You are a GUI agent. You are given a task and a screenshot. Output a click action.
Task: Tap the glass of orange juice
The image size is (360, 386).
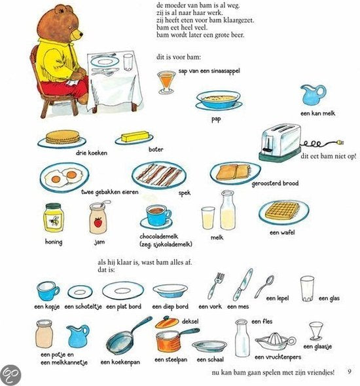pyautogui.click(x=166, y=81)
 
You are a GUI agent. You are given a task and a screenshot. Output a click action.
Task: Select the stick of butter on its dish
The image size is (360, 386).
pyautogui.click(x=135, y=138)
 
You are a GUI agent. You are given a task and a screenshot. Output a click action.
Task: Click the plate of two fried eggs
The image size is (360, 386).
pyautogui.click(x=63, y=176)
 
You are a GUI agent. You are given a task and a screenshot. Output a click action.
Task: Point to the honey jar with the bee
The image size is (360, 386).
pyautogui.click(x=53, y=218)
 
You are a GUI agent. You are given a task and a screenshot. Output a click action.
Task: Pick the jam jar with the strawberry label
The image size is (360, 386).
pyautogui.click(x=98, y=218)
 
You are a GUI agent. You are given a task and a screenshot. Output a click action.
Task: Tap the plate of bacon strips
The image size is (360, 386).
pyautogui.click(x=158, y=175)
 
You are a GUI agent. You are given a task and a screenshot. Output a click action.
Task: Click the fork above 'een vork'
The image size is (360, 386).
pyautogui.click(x=215, y=285)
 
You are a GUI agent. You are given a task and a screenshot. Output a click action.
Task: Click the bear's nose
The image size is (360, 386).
pyautogui.click(x=81, y=32)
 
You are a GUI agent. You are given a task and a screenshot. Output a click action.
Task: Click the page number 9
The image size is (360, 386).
pyautogui.click(x=350, y=372)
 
